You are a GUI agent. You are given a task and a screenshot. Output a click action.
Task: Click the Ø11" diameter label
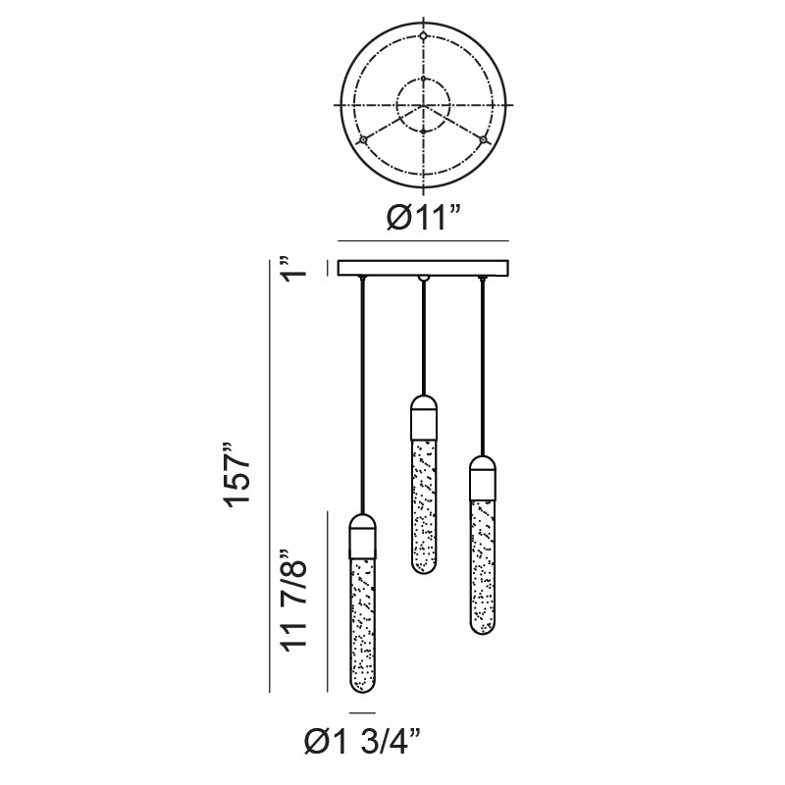(x=423, y=217)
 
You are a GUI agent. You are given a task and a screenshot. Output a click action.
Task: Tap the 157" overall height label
(x=236, y=475)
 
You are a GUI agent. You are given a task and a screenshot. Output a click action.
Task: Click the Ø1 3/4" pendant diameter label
(x=362, y=742)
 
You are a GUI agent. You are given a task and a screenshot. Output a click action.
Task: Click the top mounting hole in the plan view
(x=424, y=36)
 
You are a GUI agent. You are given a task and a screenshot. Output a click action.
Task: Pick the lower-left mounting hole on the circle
(x=363, y=140)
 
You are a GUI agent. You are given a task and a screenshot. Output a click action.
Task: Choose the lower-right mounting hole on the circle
(x=483, y=140)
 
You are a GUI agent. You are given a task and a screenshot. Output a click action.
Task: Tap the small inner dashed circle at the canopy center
(x=424, y=78)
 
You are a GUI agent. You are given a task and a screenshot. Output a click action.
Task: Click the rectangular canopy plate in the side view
(x=423, y=268)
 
